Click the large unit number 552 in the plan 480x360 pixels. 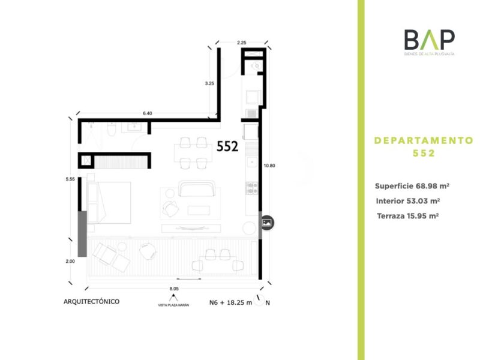[228, 146]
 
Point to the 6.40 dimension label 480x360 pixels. [147, 113]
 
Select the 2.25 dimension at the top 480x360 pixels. [242, 43]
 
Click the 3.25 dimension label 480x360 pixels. [209, 83]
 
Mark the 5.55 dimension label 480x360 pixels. [70, 179]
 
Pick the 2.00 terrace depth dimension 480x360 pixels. [70, 261]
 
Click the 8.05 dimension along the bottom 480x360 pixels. [175, 289]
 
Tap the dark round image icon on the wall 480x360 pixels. [267, 223]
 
